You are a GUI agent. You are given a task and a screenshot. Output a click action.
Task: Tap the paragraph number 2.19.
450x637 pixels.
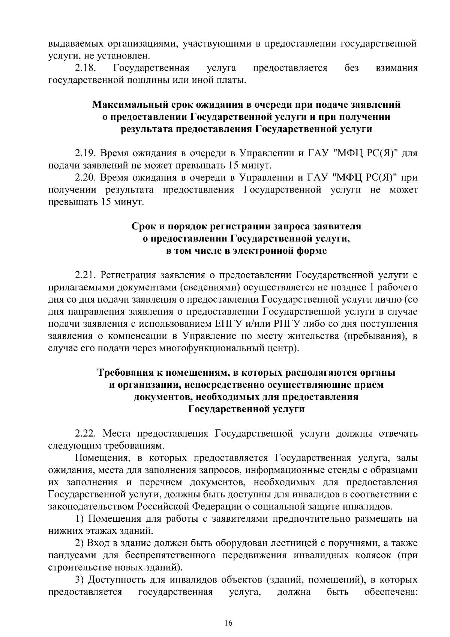(86, 153)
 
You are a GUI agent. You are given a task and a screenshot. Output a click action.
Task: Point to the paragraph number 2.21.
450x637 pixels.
(86, 275)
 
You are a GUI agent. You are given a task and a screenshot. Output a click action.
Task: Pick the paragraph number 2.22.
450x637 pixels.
(86, 434)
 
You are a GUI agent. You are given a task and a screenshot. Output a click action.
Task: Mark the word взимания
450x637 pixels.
(396, 68)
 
